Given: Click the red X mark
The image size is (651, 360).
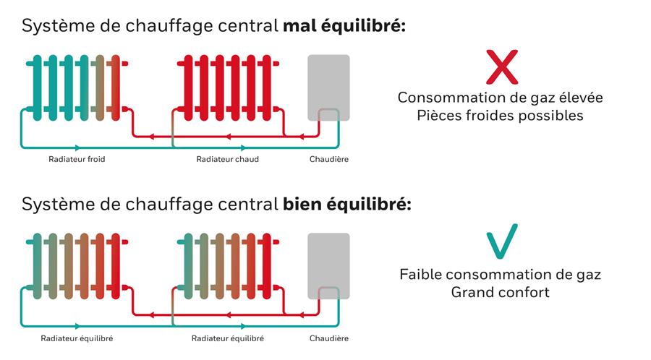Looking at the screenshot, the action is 502,67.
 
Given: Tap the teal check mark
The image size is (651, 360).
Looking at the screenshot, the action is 502,241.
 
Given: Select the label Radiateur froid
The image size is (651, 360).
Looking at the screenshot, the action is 77,159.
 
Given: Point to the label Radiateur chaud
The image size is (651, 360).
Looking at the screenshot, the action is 228,159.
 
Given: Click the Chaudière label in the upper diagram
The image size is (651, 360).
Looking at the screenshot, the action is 329,159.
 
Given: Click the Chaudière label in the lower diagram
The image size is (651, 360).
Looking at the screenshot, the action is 329,338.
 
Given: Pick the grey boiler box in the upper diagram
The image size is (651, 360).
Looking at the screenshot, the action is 328,87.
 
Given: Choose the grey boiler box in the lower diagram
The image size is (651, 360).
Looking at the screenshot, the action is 328,266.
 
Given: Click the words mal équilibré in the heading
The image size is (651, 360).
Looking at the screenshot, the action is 344,26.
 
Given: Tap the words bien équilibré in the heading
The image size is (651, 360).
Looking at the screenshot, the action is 347,205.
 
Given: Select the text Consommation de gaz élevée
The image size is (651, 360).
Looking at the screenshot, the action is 501,98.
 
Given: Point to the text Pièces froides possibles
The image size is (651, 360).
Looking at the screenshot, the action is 501,115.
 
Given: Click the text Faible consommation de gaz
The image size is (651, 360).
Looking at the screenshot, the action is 501,275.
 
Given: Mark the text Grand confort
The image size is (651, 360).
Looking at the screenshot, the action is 501,292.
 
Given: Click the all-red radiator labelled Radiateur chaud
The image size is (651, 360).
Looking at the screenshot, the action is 228,87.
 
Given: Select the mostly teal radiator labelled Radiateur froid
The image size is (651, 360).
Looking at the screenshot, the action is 77,87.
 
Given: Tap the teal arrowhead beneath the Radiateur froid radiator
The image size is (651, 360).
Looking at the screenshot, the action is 77,147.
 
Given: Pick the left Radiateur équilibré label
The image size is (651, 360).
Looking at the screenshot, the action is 77,338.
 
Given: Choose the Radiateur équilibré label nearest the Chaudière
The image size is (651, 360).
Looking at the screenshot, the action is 228,338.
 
